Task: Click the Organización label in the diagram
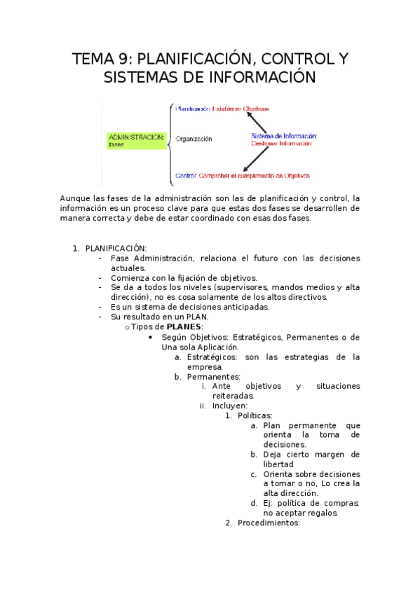[194, 139]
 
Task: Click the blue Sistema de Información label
[284, 135]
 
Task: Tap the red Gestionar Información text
[281, 144]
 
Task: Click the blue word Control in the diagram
[186, 176]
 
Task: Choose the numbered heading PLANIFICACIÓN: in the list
[116, 248]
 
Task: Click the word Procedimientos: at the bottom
[269, 523]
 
